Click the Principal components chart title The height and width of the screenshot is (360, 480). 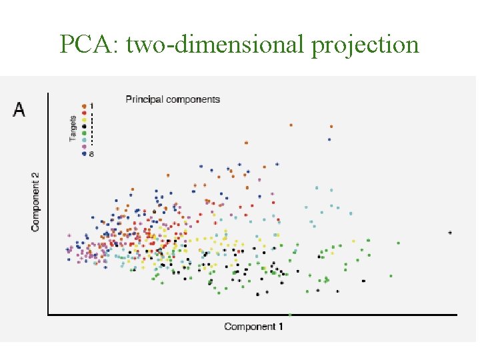(x=173, y=99)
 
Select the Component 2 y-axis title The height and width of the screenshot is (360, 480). (x=35, y=202)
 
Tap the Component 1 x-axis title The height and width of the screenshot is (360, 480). (x=253, y=327)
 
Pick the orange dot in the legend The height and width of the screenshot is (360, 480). (x=83, y=105)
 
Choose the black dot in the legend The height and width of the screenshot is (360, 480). (x=83, y=126)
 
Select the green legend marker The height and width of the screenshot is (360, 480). (x=83, y=133)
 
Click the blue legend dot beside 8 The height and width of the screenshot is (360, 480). (x=83, y=153)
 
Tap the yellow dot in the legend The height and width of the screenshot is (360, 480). (x=83, y=119)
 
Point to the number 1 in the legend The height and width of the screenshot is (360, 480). (x=91, y=105)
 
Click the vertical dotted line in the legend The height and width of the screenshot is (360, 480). (x=91, y=129)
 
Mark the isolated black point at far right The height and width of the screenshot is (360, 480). (x=450, y=233)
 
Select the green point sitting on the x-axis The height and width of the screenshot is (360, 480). (x=291, y=314)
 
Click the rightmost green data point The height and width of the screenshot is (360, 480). (x=399, y=243)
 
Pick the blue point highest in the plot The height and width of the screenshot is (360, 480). (x=329, y=139)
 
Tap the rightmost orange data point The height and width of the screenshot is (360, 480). (x=331, y=126)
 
